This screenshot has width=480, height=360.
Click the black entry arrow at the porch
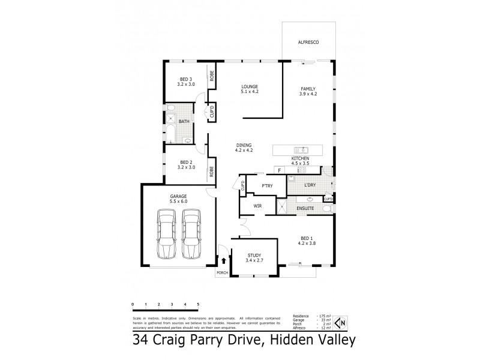(224, 261)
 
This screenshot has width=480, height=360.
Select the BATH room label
(184, 121)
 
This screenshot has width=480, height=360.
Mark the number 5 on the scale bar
(198, 305)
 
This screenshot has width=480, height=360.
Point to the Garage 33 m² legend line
(310, 320)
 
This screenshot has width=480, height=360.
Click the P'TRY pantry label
(267, 186)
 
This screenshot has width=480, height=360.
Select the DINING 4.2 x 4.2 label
(244, 147)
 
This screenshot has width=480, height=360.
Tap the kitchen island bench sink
(300, 149)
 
